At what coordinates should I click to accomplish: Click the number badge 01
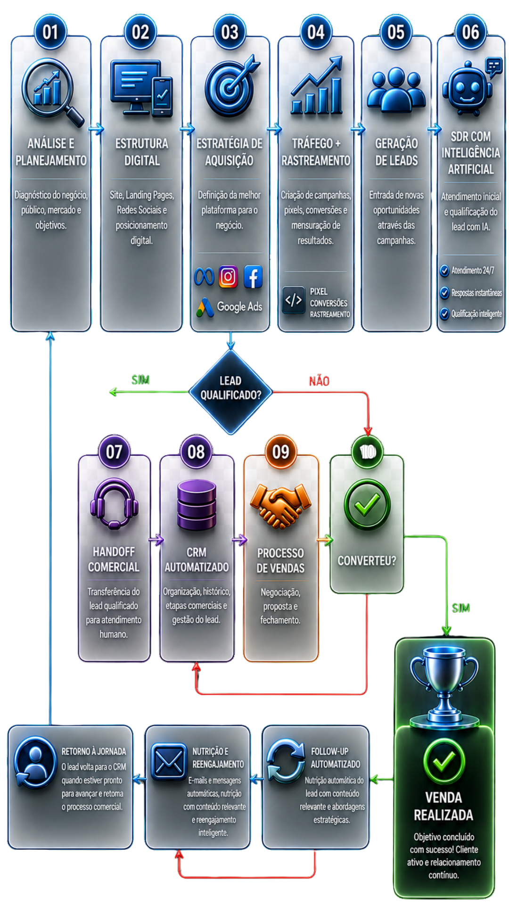pyautogui.click(x=50, y=32)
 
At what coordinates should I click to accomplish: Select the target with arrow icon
pyautogui.click(x=231, y=86)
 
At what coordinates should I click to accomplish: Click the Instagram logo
pyautogui.click(x=228, y=277)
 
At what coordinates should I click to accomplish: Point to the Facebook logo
pyautogui.click(x=253, y=277)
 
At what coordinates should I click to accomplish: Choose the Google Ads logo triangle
pyautogui.click(x=205, y=308)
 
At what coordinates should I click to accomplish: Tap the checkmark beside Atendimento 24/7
pyautogui.click(x=444, y=271)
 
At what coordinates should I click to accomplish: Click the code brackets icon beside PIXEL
pyautogui.click(x=293, y=300)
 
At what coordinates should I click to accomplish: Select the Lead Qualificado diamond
pyautogui.click(x=230, y=392)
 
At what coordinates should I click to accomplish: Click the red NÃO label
pyautogui.click(x=319, y=381)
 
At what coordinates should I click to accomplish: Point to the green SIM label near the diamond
pyautogui.click(x=140, y=380)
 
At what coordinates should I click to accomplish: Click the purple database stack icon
pyautogui.click(x=197, y=505)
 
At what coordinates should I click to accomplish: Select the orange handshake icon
pyautogui.click(x=280, y=506)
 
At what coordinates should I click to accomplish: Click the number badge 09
pyautogui.click(x=281, y=452)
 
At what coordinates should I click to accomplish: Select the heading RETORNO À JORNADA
pyautogui.click(x=94, y=751)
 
